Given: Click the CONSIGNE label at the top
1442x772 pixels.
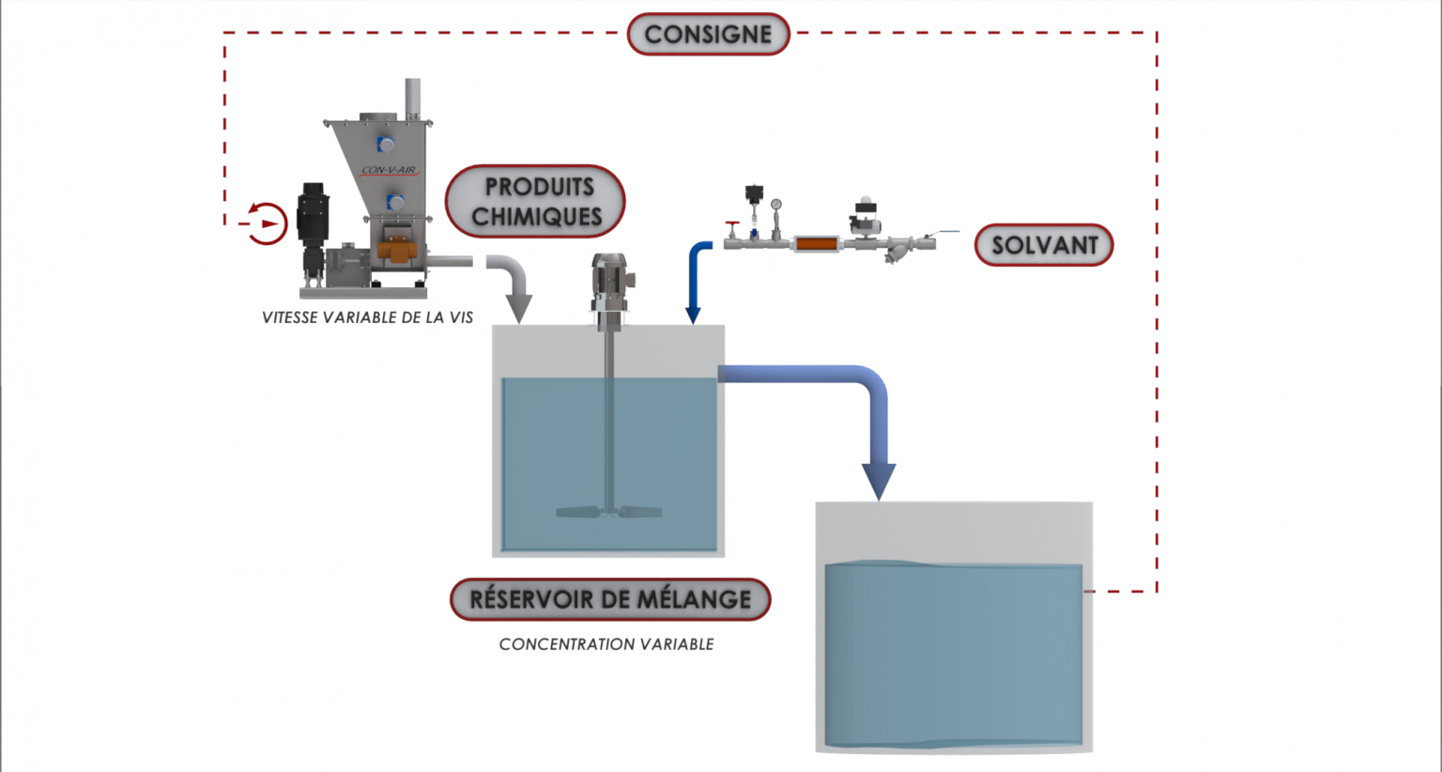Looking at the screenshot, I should coord(708,35).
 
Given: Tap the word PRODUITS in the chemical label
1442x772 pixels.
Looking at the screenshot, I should coord(539,186).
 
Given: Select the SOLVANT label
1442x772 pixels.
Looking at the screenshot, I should coord(1044,245).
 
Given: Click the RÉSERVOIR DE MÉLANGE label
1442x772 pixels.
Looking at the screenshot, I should coord(610,599).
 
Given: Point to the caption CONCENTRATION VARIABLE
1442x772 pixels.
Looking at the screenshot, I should coord(606,644).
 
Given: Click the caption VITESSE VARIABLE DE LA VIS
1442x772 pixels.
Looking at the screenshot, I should coord(367,317).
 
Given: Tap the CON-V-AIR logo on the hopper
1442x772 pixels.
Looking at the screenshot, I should coord(389,171).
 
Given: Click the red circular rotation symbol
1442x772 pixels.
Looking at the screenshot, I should coord(267,224).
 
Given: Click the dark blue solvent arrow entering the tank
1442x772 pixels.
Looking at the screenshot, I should coord(695,282).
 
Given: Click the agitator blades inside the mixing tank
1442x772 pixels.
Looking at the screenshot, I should coord(608,512).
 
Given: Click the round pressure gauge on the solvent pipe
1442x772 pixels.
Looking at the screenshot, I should coord(775,205).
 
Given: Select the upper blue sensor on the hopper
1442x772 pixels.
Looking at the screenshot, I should coord(385,144).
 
